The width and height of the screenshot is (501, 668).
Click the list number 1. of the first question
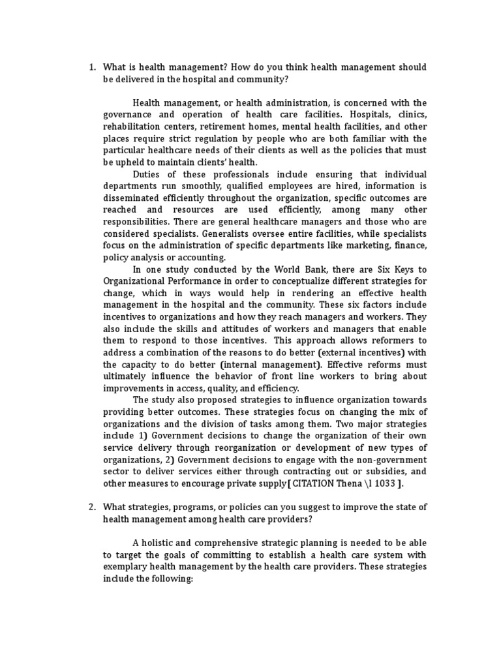(x=92, y=67)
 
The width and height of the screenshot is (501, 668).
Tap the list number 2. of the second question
(x=92, y=508)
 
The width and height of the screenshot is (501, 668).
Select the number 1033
(x=386, y=483)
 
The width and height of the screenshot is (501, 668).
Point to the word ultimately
(x=127, y=376)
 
